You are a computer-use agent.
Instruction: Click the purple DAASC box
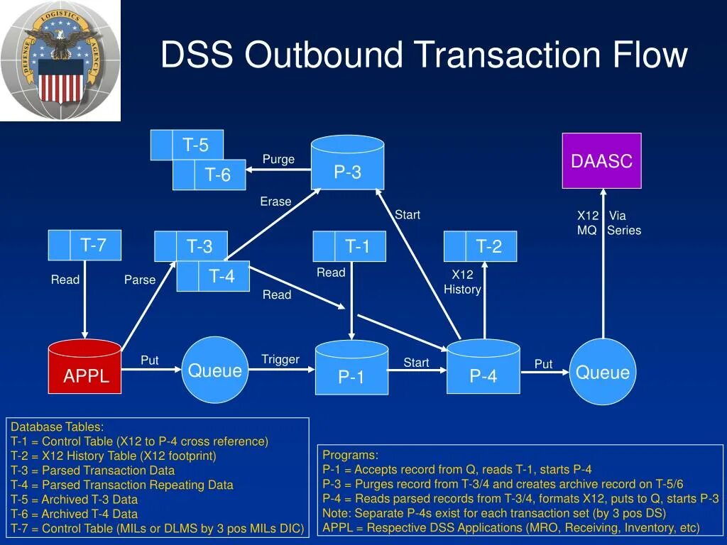[601, 160]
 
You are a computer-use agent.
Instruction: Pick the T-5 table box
[187, 145]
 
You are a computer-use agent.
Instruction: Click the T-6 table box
[209, 175]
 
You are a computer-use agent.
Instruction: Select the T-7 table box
[85, 246]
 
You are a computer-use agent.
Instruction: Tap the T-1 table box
[349, 246]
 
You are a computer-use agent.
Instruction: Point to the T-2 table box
[481, 246]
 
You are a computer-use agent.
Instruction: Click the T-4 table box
[214, 276]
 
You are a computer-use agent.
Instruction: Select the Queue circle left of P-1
[214, 370]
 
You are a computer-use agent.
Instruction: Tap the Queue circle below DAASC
[603, 372]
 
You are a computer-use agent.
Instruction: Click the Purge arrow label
[278, 159]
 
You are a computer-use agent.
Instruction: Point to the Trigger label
[280, 359]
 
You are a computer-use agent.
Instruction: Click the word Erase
[275, 202]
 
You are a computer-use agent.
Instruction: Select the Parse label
[140, 280]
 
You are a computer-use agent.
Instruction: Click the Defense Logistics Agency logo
[60, 60]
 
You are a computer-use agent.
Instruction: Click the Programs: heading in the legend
[351, 455]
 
